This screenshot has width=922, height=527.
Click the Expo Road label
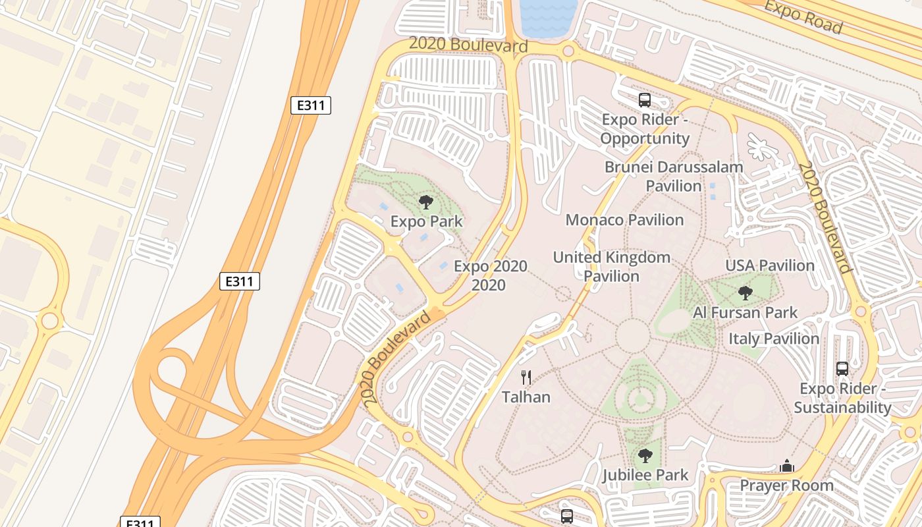coord(803,17)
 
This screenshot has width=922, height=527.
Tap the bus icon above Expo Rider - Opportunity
coord(645,100)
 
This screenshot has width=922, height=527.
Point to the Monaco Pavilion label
coord(624,219)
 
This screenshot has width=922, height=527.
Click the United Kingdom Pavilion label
coord(611,266)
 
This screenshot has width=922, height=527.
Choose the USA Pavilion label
coord(769,265)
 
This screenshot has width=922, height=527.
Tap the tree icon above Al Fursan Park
coord(745,293)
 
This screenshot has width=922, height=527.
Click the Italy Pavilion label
coord(773,339)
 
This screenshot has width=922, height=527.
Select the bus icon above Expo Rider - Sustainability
coord(842,369)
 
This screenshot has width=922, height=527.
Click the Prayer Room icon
coord(786,466)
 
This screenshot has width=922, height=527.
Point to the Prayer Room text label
coord(786,485)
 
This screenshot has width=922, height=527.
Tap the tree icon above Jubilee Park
coord(645,456)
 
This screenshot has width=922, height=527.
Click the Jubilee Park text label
coord(645,475)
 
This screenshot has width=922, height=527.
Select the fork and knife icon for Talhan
coord(526,377)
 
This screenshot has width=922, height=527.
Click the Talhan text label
coord(526,397)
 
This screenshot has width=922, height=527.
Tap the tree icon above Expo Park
coord(426,202)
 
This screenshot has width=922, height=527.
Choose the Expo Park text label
coord(426,221)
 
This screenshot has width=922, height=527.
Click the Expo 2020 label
coord(490,275)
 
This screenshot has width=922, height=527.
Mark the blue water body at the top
coord(548,17)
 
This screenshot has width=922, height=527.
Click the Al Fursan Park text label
coord(745,312)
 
